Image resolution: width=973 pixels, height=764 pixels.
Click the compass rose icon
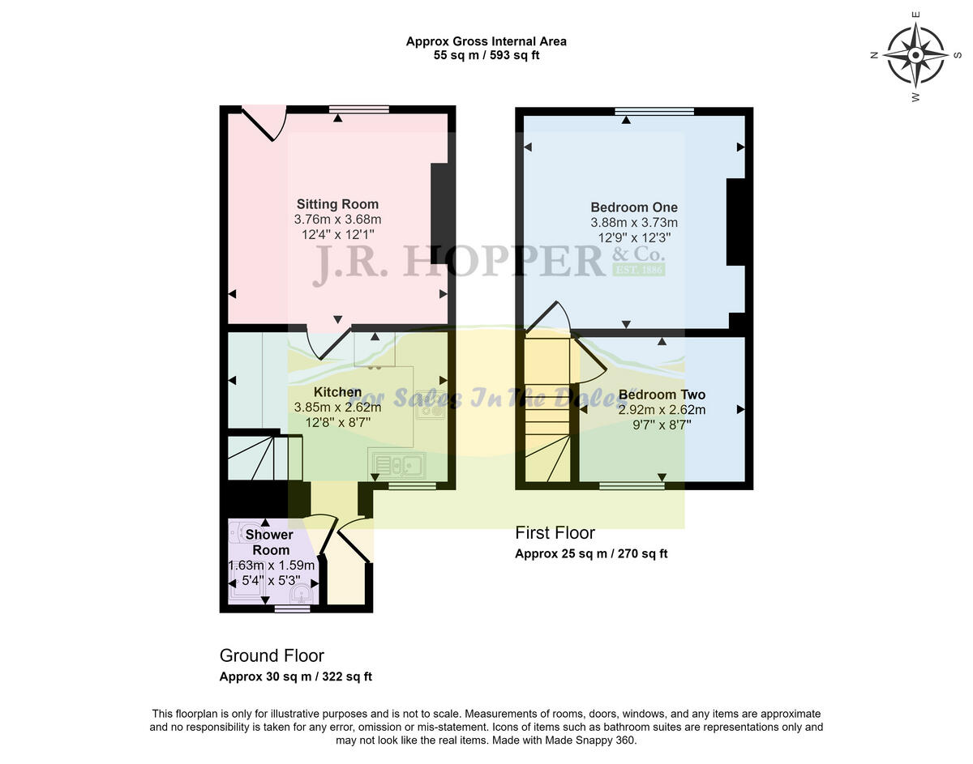click(915, 55)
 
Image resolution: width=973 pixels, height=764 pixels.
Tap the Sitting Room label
click(337, 204)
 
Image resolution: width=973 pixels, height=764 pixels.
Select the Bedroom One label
click(634, 207)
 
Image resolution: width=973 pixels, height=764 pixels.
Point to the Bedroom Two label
click(662, 395)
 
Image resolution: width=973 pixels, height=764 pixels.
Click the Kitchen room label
click(337, 392)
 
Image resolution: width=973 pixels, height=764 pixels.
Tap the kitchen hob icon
click(431, 408)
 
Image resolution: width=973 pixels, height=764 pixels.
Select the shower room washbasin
click(301, 595)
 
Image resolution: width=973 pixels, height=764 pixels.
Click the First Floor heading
click(555, 533)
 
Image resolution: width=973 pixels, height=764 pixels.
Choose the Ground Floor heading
click(272, 655)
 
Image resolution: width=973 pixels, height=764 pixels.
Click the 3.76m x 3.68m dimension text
click(337, 220)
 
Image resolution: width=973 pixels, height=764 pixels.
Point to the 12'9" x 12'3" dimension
click(634, 238)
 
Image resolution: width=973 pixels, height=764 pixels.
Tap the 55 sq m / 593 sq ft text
click(486, 56)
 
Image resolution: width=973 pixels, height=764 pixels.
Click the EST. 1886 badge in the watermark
click(638, 269)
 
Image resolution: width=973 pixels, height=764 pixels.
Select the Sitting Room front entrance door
click(264, 122)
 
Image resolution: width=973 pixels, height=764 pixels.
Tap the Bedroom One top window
click(654, 111)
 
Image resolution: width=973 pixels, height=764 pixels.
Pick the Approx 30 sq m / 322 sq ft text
click(296, 677)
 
